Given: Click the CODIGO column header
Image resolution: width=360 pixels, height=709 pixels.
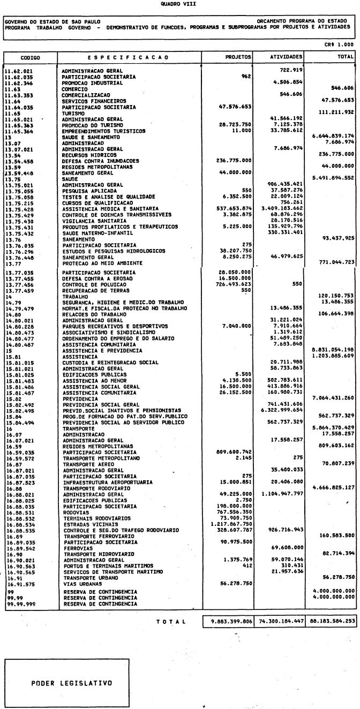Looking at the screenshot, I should click(x=30, y=56).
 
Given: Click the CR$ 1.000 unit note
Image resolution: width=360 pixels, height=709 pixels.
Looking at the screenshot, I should click(x=342, y=45).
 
